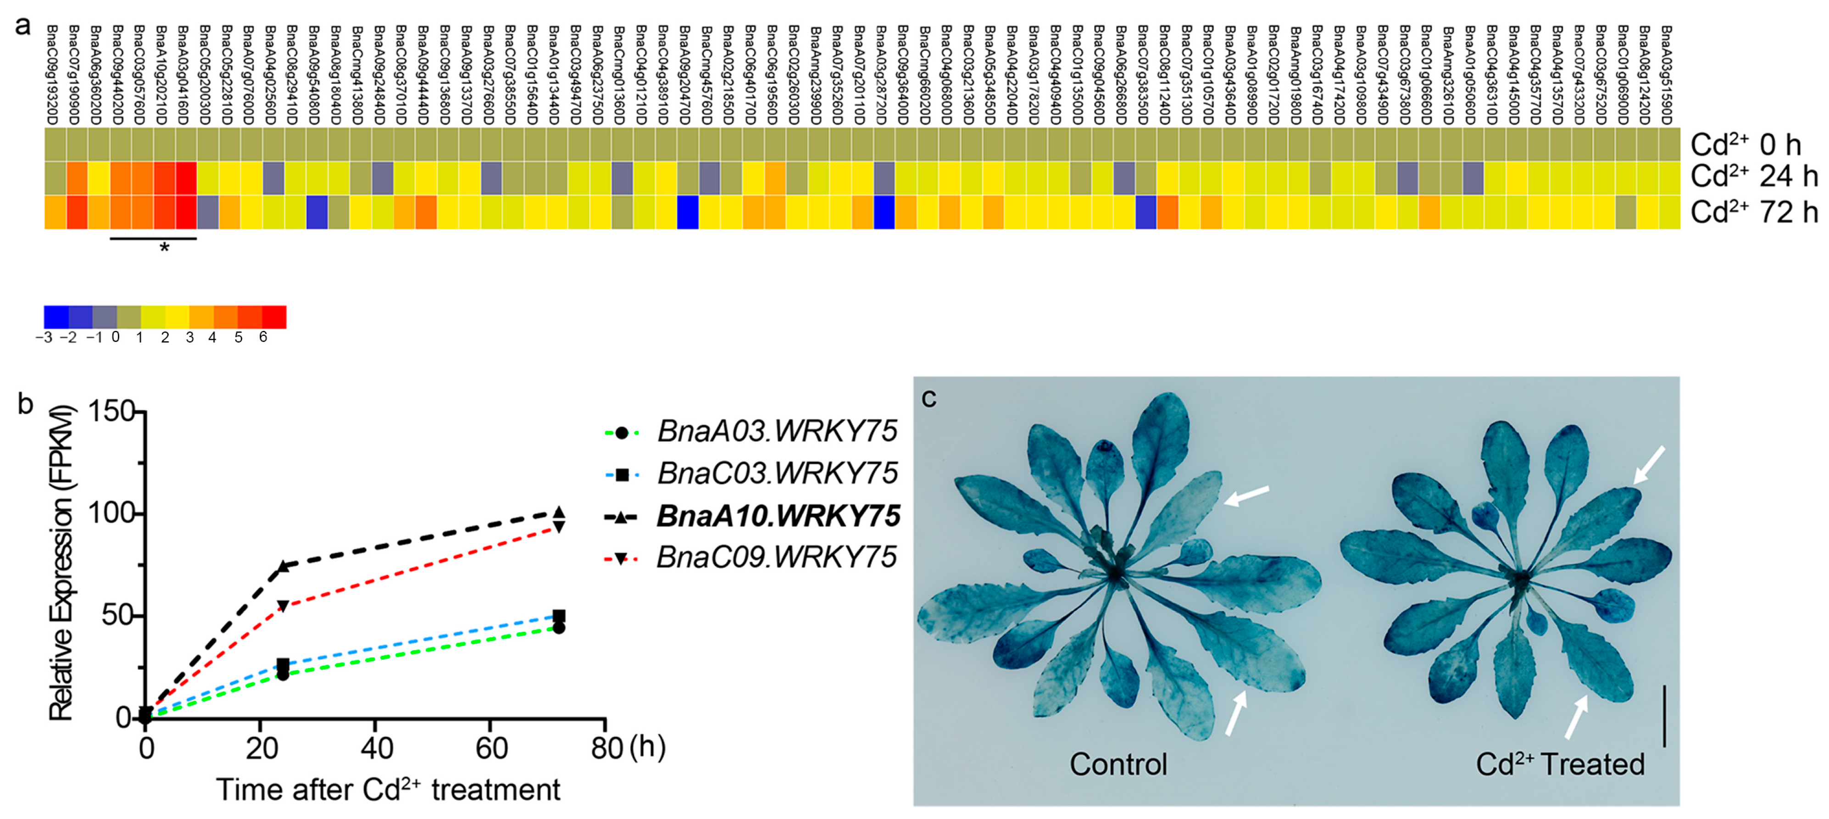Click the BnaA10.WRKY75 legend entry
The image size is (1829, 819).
point(778,516)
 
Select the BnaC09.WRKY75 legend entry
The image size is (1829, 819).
point(776,557)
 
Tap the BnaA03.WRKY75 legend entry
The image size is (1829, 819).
point(777,431)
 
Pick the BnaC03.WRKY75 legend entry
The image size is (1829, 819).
point(777,473)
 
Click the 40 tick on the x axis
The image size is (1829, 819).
point(376,747)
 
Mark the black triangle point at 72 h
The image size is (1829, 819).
point(559,512)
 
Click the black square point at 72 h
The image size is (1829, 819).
point(559,616)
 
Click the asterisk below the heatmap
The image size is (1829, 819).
point(165,248)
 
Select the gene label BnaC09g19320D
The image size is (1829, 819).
point(52,75)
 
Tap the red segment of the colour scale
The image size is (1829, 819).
point(274,317)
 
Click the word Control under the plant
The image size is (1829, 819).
point(1118,764)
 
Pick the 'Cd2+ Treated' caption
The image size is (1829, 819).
point(1560,764)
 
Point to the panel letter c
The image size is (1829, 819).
point(928,399)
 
